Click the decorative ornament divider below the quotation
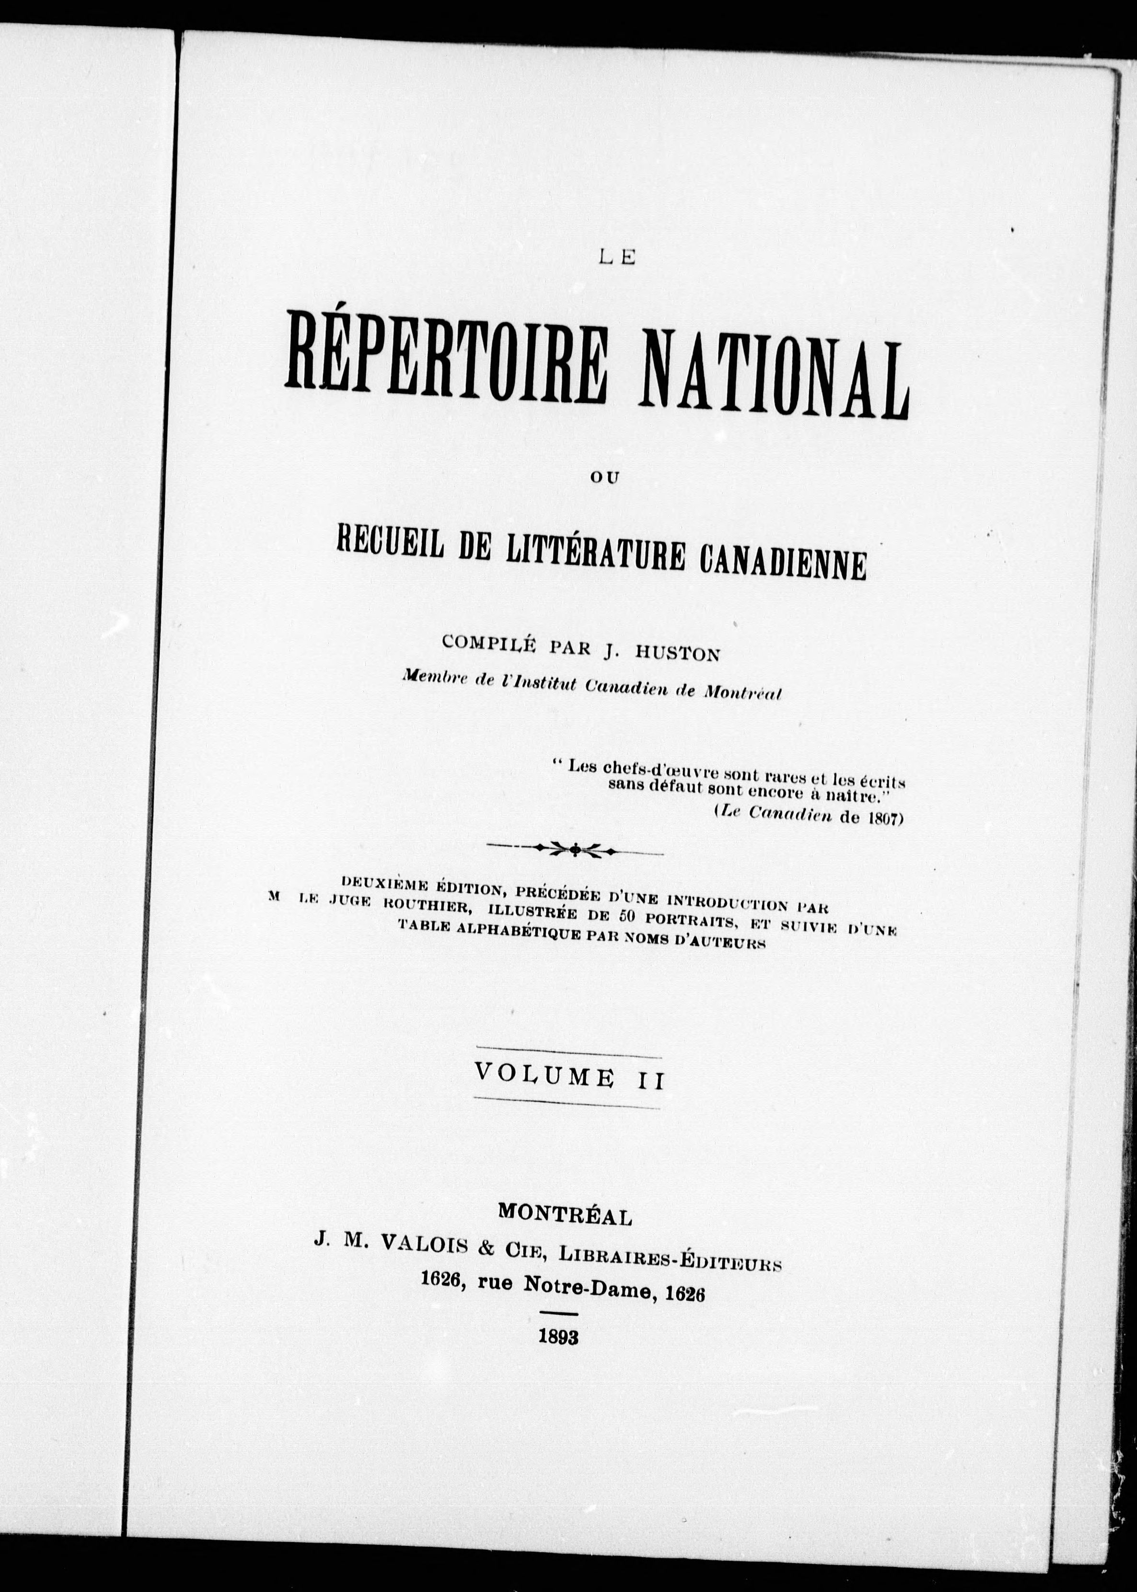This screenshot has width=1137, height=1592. click(575, 850)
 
